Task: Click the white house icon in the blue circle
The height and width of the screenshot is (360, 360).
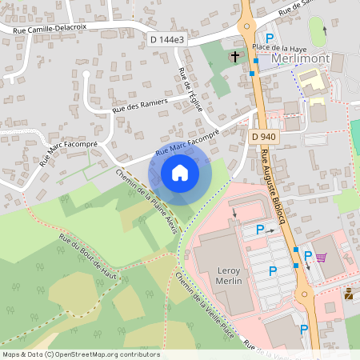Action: click(x=179, y=173)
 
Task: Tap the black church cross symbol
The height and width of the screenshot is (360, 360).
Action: click(x=235, y=57)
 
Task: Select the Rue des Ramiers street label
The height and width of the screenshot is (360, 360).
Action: click(x=140, y=105)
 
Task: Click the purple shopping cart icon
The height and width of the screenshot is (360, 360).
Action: click(x=322, y=258)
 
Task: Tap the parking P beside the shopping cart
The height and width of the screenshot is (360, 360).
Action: click(x=308, y=256)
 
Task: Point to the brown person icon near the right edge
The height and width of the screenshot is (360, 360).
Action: click(x=350, y=294)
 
